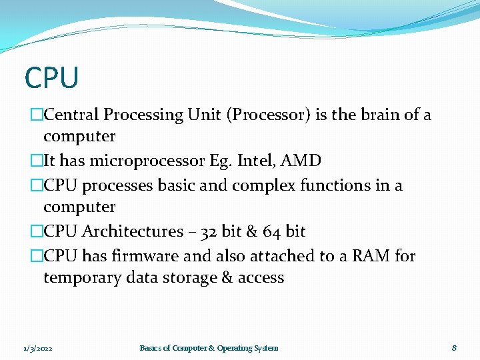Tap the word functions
click(x=331, y=185)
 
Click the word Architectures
click(x=132, y=231)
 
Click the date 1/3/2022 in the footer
click(x=37, y=348)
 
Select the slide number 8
click(x=454, y=347)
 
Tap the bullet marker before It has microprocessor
click(x=37, y=161)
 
